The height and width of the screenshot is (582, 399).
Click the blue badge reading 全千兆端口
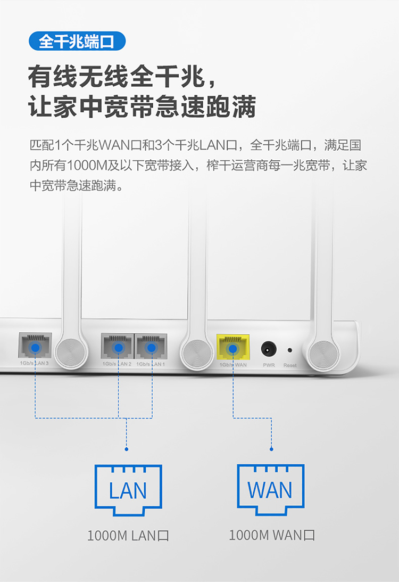77,41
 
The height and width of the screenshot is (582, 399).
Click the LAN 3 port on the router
35,345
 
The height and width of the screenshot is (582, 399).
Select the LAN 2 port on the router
118,346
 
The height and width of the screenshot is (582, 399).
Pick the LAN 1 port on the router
151,346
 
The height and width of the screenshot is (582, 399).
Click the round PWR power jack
269,349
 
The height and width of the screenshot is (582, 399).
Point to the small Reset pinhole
289,350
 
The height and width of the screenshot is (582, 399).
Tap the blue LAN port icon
128,490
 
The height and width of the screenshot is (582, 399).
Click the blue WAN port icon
271,489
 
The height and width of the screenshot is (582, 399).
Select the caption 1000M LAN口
128,536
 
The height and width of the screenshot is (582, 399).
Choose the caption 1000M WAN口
272,535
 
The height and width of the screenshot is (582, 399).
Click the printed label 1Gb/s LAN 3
34,363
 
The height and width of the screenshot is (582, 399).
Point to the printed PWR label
269,365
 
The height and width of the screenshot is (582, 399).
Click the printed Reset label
290,365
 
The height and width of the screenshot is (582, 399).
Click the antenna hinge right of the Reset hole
324,355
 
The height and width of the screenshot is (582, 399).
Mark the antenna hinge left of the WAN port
196,354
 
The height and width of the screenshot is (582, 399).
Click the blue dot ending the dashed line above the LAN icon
127,449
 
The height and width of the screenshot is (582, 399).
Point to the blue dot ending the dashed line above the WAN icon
271,449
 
